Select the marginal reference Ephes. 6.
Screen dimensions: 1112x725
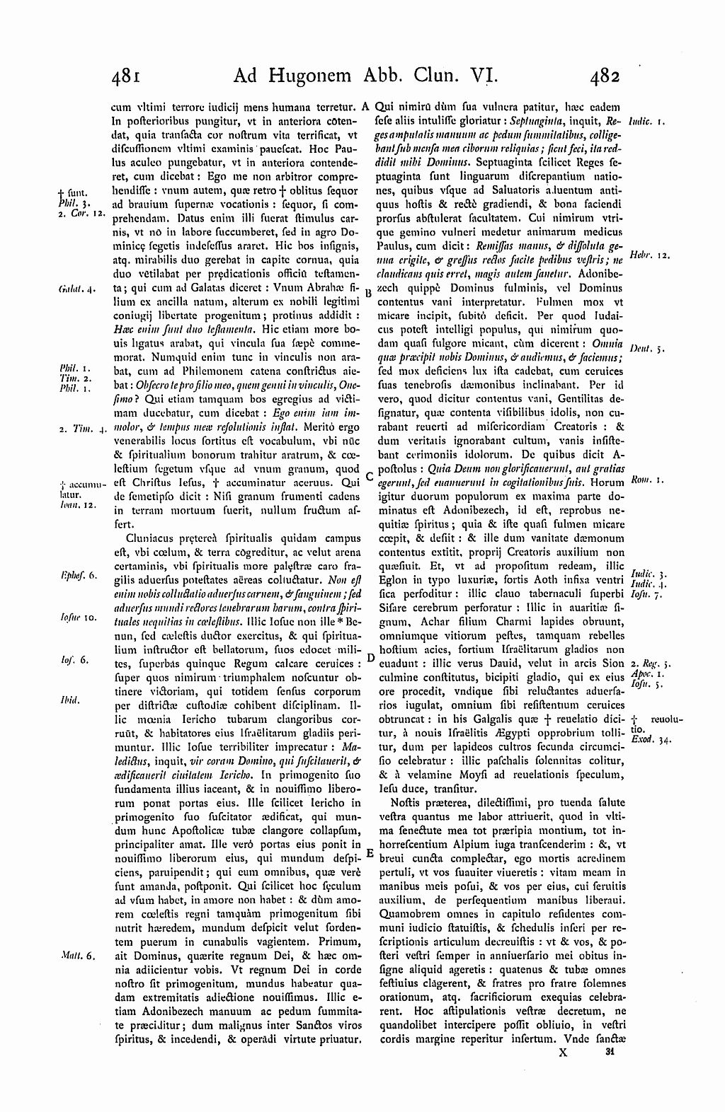[x=74, y=577]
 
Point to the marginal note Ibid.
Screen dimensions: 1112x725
[x=69, y=700]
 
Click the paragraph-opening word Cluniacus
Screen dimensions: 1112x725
[x=152, y=538]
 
